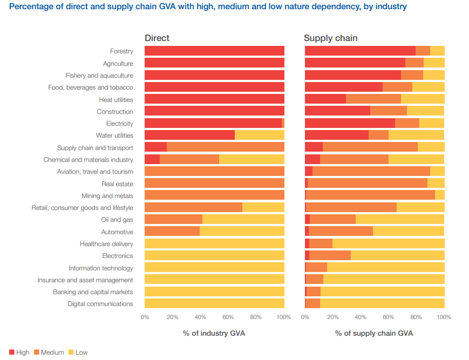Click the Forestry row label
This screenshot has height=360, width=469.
(121, 51)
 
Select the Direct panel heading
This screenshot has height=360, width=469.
(157, 38)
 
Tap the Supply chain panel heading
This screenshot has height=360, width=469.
(330, 38)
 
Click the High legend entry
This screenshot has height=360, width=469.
(19, 352)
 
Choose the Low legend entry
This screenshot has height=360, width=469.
(78, 352)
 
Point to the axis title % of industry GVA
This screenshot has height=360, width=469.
(214, 334)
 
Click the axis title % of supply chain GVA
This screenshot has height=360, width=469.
(374, 334)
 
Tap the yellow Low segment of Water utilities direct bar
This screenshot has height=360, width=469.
(260, 135)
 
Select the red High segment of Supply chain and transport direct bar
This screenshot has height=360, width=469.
(155, 147)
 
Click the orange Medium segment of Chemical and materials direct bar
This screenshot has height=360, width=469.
(189, 160)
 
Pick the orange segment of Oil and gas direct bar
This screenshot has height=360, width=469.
(173, 220)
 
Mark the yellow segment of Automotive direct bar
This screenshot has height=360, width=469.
(242, 232)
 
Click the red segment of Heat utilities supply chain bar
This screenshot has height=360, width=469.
(325, 99)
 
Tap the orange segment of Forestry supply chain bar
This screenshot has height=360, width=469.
(423, 51)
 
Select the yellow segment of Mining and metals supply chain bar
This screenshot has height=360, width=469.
(440, 195)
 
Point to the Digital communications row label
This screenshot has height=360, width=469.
(100, 304)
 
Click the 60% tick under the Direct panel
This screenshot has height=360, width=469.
(228, 317)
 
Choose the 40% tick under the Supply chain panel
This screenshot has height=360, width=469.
(361, 317)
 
